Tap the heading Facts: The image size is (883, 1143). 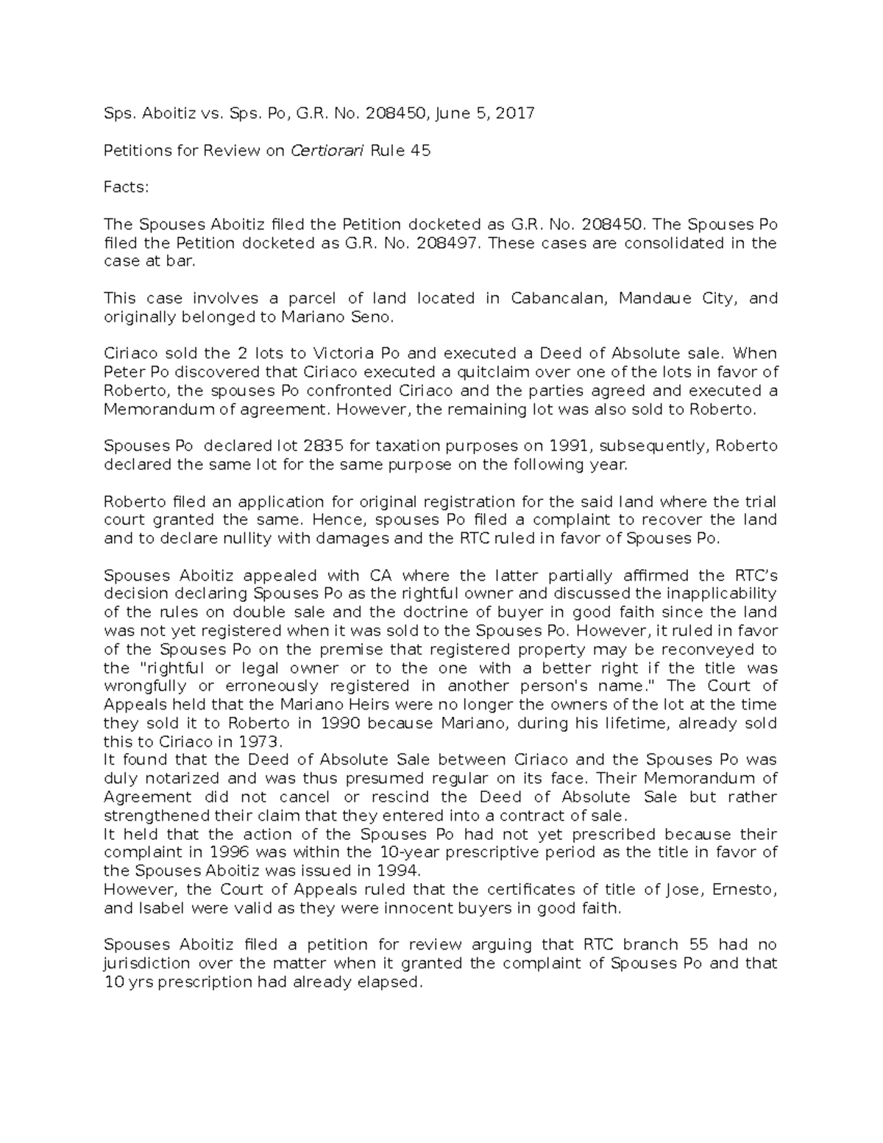126,188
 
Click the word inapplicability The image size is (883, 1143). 714,594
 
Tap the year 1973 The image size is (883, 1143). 260,742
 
